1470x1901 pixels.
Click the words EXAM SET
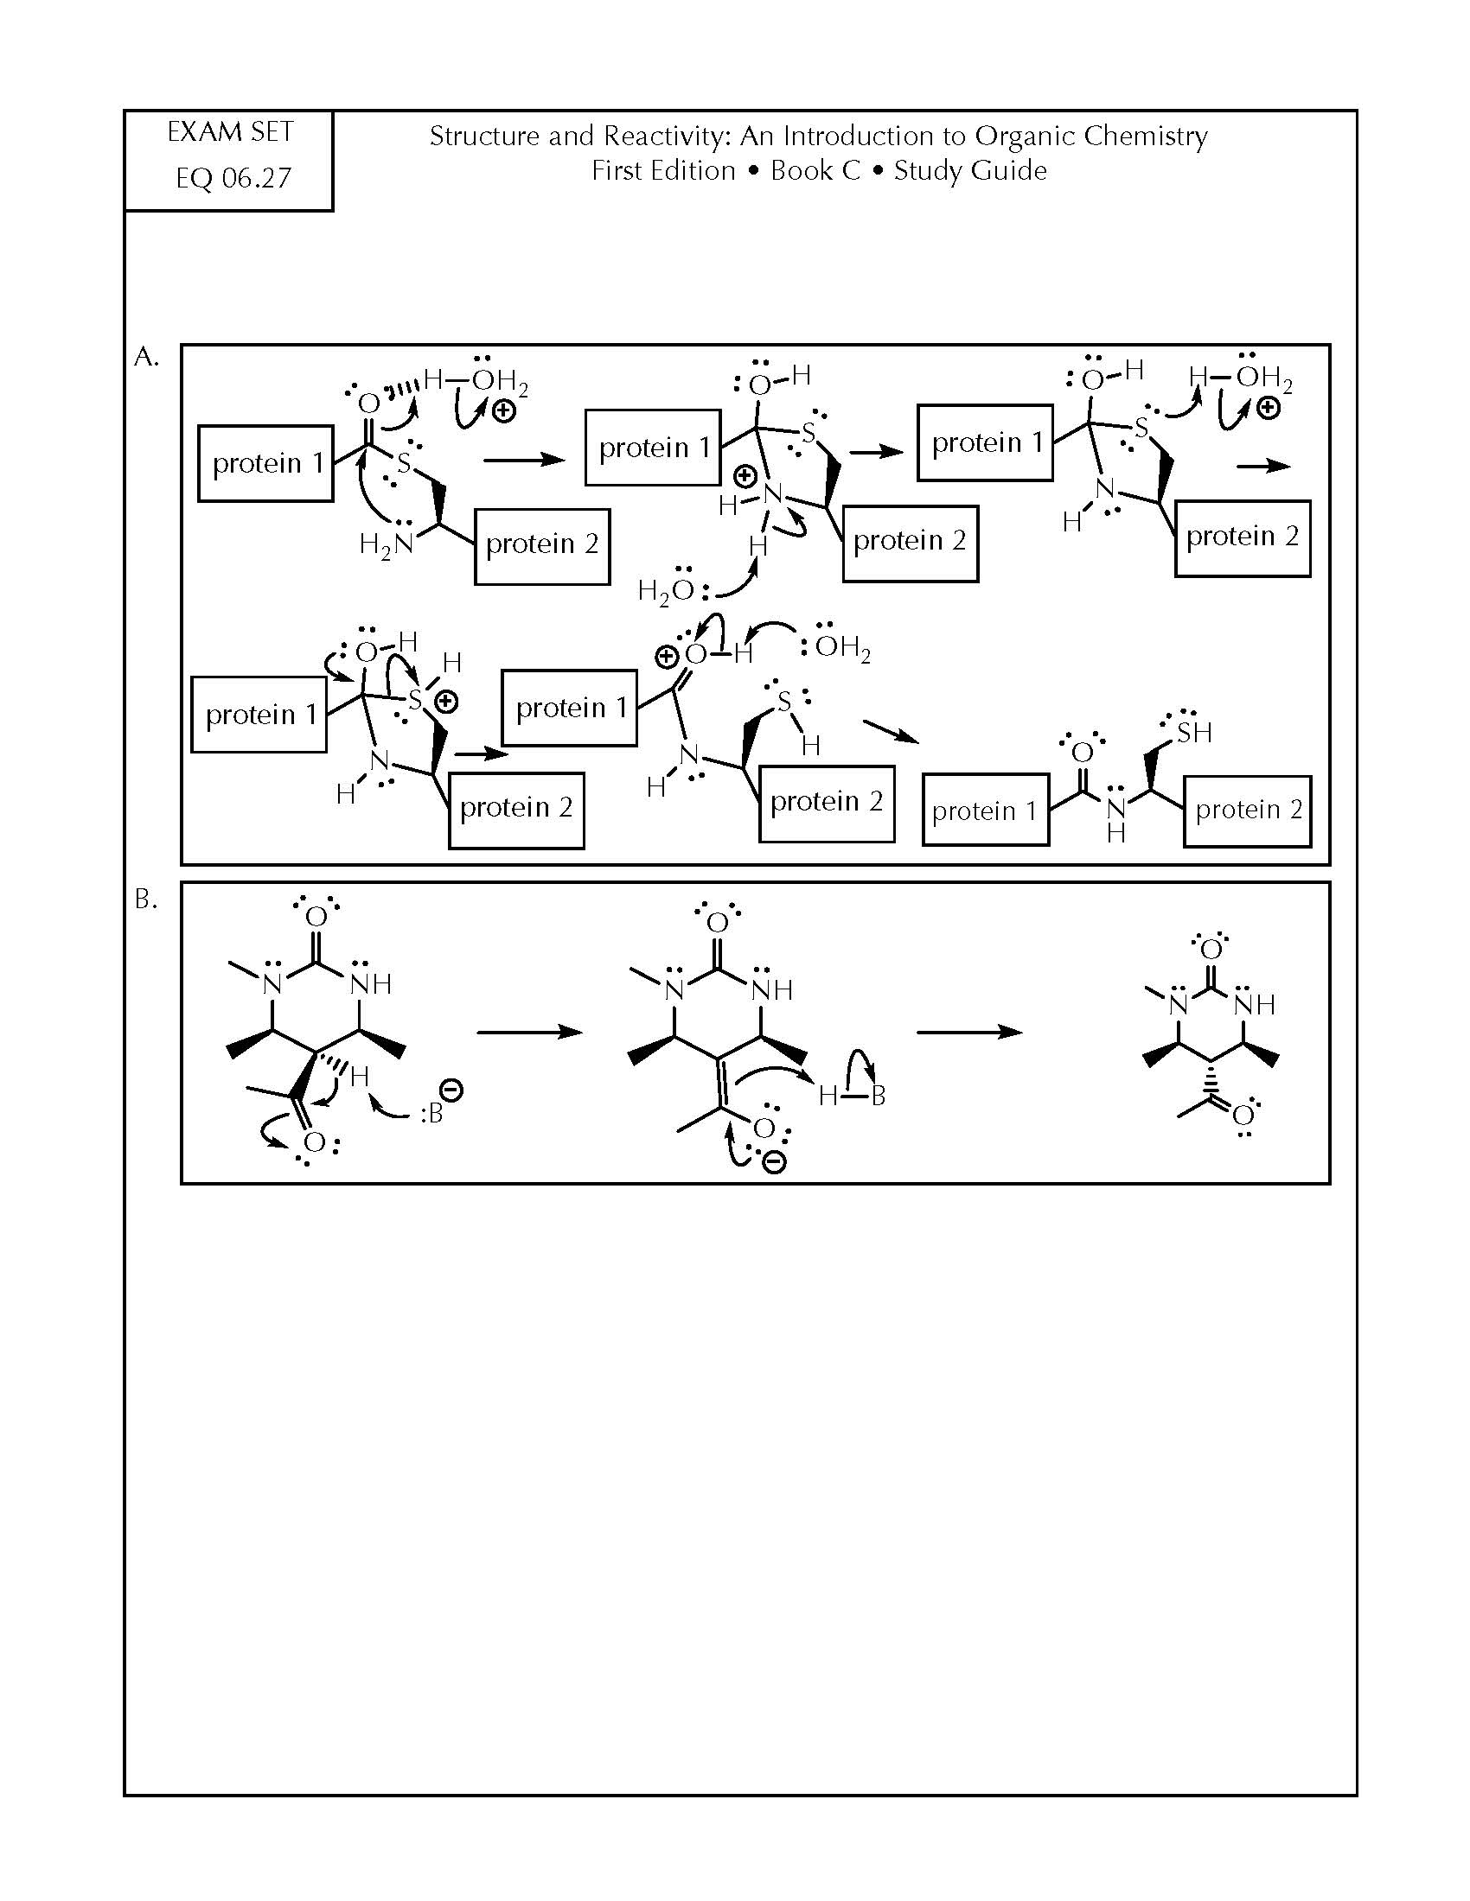(x=230, y=132)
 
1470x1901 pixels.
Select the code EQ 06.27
(x=233, y=179)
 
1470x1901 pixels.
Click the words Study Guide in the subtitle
(x=970, y=170)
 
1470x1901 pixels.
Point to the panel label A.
(x=146, y=357)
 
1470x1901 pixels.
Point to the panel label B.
(x=146, y=900)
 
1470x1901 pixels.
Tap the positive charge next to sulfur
(x=447, y=701)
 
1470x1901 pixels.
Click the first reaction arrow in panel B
(x=529, y=1033)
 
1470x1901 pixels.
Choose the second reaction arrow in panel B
(x=970, y=1033)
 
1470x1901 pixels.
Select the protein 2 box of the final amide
(x=1247, y=811)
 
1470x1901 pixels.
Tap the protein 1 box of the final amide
(x=986, y=810)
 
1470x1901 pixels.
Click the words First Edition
(x=663, y=170)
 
